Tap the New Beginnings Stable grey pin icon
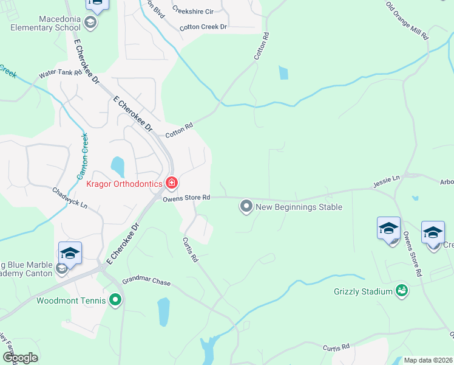pyautogui.click(x=246, y=207)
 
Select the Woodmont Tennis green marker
pyautogui.click(x=116, y=300)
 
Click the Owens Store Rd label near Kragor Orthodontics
pyautogui.click(x=186, y=197)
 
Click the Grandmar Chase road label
pyautogui.click(x=146, y=283)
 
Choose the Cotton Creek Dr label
pyautogui.click(x=203, y=27)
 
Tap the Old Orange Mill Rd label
pyautogui.click(x=407, y=21)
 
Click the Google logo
pyautogui.click(x=20, y=358)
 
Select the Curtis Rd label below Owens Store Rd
pyautogui.click(x=191, y=249)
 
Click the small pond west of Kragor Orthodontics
pyautogui.click(x=117, y=165)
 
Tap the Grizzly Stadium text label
pyautogui.click(x=364, y=291)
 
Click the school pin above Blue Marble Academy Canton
pyautogui.click(x=70, y=252)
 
